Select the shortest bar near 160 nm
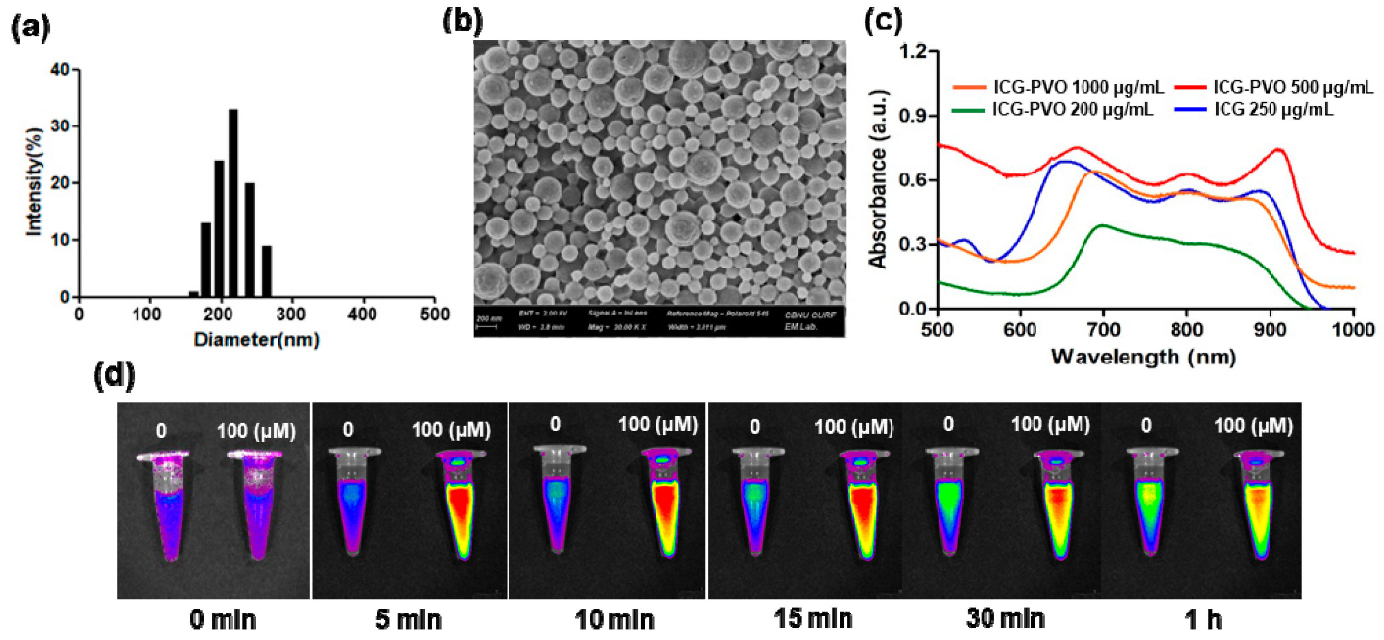(x=193, y=294)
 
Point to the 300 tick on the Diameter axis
(x=291, y=314)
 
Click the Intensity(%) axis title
(x=33, y=181)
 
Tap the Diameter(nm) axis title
(x=257, y=340)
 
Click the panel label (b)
(x=462, y=22)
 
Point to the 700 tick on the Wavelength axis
(x=1103, y=329)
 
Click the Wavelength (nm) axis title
(x=1143, y=357)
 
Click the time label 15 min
(x=813, y=619)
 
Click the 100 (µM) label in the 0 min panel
(x=256, y=431)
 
